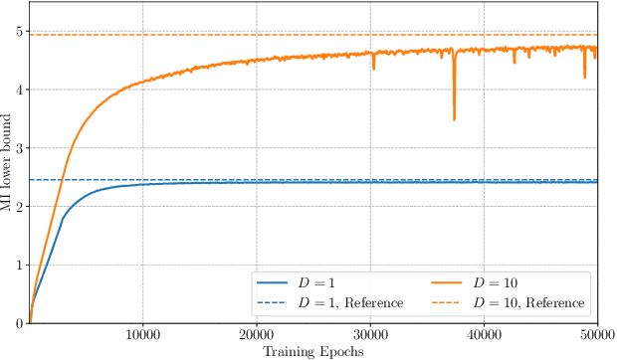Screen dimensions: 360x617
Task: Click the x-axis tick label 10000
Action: (142, 335)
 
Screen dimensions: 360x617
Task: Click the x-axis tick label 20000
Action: (257, 335)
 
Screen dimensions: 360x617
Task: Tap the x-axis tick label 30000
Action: (370, 335)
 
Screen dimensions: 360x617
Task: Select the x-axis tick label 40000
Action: (484, 335)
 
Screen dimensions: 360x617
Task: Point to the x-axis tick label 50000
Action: (596, 335)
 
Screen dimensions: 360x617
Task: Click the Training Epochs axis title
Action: (312, 351)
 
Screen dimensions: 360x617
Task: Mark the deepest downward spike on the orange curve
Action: (455, 119)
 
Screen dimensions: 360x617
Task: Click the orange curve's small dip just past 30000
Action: (374, 68)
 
